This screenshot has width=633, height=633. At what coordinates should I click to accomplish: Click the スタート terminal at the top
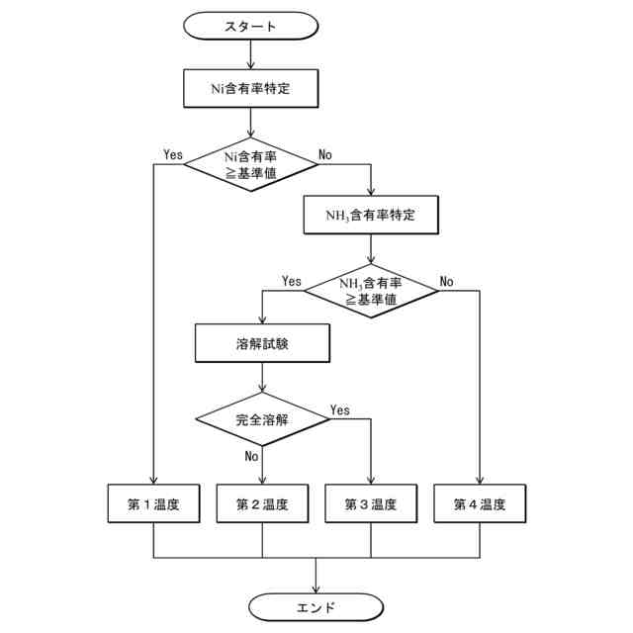point(251,24)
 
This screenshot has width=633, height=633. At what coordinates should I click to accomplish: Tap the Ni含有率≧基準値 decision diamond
point(251,164)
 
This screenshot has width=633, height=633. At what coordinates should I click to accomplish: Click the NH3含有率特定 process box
point(370,215)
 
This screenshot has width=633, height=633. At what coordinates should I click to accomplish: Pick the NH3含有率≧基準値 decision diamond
point(370,290)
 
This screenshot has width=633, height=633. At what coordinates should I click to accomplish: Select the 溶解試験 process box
point(261,343)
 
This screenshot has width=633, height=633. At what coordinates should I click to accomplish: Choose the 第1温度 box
point(153,504)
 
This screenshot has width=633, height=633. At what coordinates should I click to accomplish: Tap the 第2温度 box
point(262,504)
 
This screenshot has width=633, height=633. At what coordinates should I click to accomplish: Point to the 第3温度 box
point(371,504)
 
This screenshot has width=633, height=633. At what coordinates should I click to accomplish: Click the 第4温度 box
point(480,504)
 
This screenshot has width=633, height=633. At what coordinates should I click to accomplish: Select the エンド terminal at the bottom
point(316,606)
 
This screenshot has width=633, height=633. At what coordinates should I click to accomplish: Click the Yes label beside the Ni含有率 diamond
point(173,154)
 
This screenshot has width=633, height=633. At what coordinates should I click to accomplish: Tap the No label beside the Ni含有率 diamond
point(324,154)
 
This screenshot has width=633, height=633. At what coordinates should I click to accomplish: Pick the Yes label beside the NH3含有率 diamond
point(291,281)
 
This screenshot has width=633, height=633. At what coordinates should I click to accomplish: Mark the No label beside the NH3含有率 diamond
point(446,281)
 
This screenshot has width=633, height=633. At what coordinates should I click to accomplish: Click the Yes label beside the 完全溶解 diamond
point(339,409)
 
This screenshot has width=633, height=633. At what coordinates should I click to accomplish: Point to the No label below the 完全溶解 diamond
point(250,456)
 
